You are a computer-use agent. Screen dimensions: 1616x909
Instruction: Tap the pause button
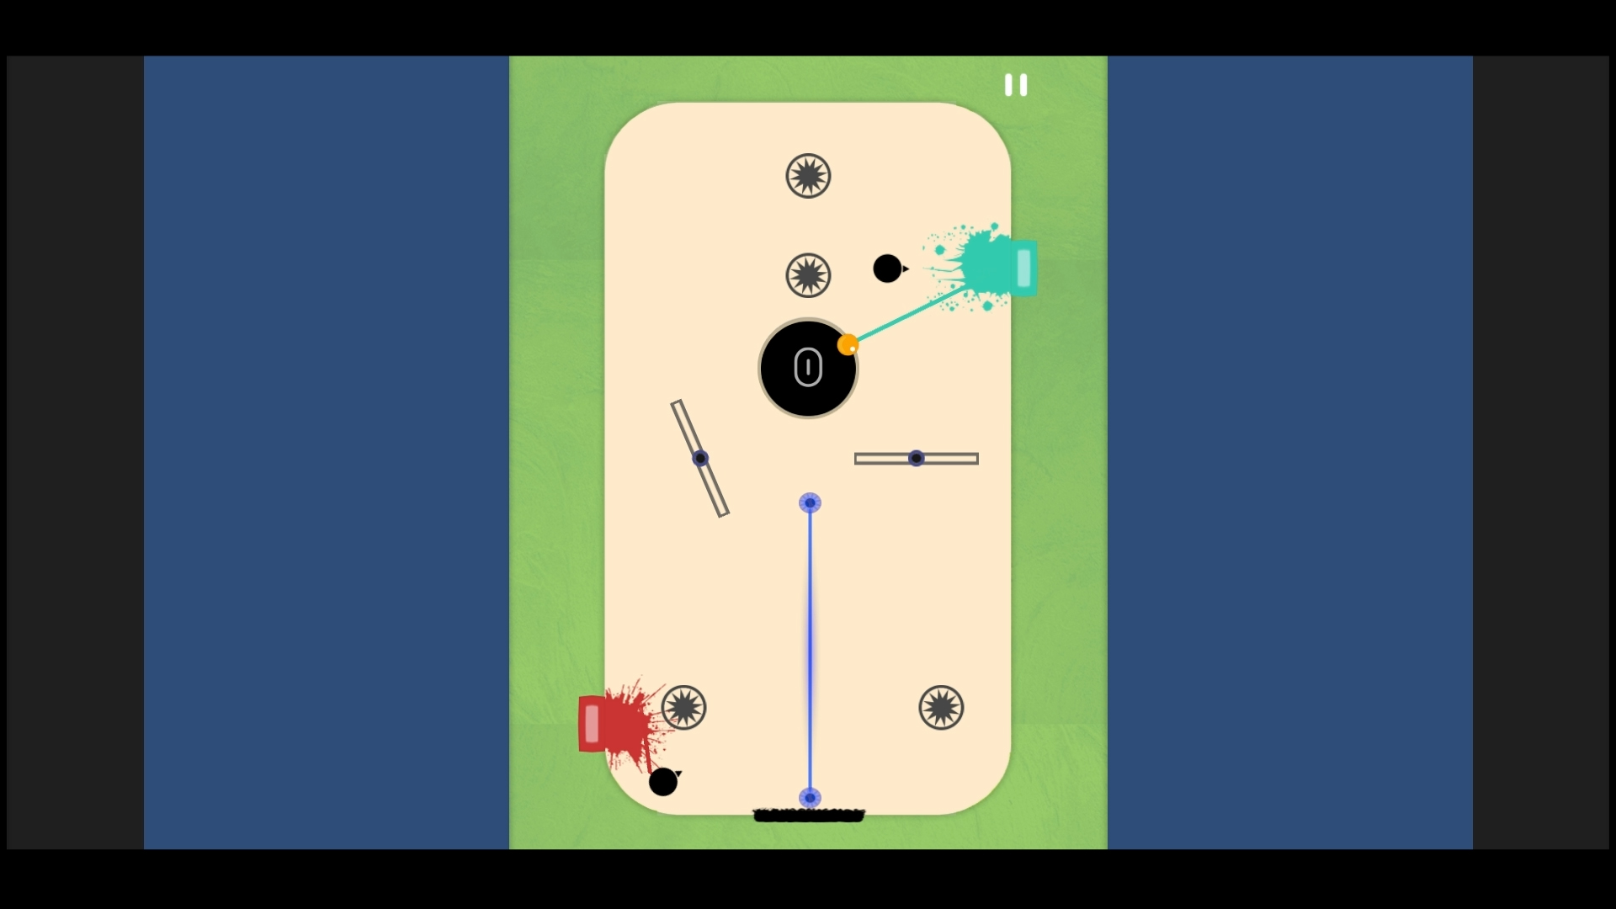point(1016,85)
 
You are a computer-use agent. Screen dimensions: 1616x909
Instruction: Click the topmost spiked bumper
point(808,176)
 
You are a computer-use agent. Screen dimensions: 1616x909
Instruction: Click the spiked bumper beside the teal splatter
point(808,275)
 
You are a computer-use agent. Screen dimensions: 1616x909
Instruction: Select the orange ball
point(848,344)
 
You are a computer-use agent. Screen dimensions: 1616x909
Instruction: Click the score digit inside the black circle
point(808,368)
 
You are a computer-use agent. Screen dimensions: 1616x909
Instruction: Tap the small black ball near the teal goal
point(887,268)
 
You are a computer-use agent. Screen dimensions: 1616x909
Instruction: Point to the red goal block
point(592,724)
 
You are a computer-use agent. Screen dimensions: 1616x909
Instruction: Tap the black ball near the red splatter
point(663,782)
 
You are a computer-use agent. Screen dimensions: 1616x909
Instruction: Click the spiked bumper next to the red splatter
point(683,707)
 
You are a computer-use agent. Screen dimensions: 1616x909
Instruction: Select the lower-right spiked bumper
point(941,707)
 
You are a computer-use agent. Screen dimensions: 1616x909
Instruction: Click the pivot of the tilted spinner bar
point(700,459)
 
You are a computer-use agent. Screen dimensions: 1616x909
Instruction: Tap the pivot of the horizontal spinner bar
point(917,459)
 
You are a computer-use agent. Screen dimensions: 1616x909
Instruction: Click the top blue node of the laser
point(810,503)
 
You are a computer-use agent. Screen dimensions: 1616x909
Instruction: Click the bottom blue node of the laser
point(810,797)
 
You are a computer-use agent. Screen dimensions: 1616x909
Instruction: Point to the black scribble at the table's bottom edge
point(809,815)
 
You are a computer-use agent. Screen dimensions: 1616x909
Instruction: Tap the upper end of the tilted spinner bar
point(676,403)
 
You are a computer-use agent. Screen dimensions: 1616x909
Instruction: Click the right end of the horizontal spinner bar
point(977,459)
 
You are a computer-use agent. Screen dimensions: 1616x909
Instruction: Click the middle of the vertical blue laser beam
point(811,651)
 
